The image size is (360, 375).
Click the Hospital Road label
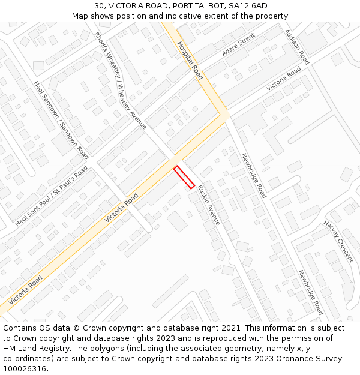[x=190, y=60]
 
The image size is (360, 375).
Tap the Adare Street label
[x=238, y=45]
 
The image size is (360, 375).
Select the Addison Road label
[x=296, y=47]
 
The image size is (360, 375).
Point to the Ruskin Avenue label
[x=209, y=205]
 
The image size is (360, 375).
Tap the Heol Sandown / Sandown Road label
[x=62, y=120]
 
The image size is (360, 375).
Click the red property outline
[x=184, y=177]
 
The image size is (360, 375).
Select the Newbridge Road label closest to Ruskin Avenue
[x=254, y=176]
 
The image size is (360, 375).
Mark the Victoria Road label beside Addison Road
[x=284, y=79]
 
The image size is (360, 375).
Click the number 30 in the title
[x=99, y=6]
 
